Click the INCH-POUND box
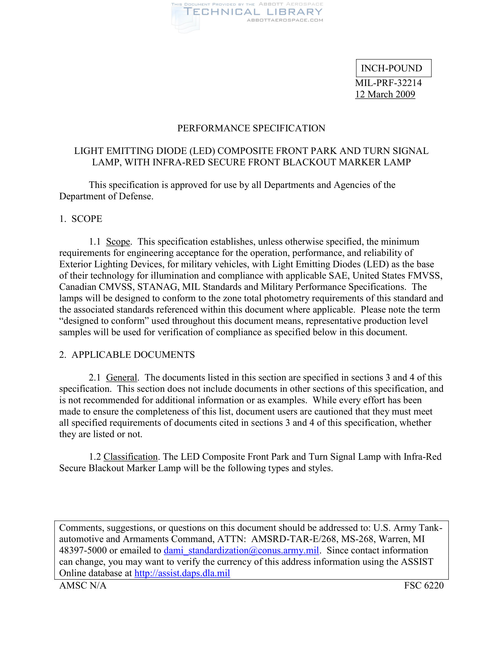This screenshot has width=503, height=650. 393,68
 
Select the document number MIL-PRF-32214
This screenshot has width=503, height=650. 388,83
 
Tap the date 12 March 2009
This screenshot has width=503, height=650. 385,94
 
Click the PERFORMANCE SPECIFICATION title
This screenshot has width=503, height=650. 251,128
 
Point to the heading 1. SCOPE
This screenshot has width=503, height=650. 81,219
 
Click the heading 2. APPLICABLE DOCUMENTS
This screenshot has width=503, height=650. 127,355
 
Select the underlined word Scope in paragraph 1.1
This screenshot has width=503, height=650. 118,241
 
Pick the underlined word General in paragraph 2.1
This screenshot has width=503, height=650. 122,377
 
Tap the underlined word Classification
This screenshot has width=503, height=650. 130,456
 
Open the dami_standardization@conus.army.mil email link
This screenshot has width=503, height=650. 241,550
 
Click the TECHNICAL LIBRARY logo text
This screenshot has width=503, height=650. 253,12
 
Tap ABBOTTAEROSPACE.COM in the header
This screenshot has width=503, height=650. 285,20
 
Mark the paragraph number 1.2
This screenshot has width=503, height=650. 95,456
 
